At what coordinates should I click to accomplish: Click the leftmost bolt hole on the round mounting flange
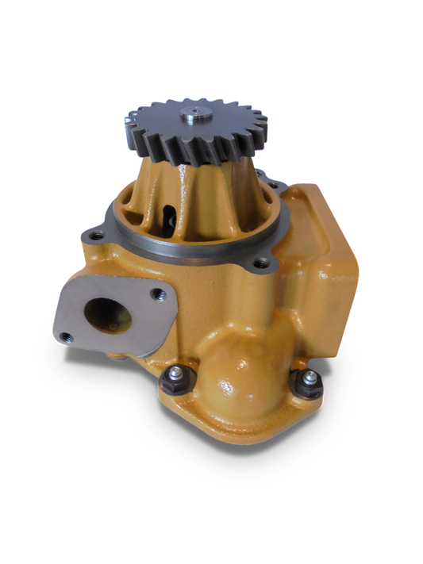tap(96, 236)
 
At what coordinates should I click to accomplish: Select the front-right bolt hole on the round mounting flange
tap(256, 263)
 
